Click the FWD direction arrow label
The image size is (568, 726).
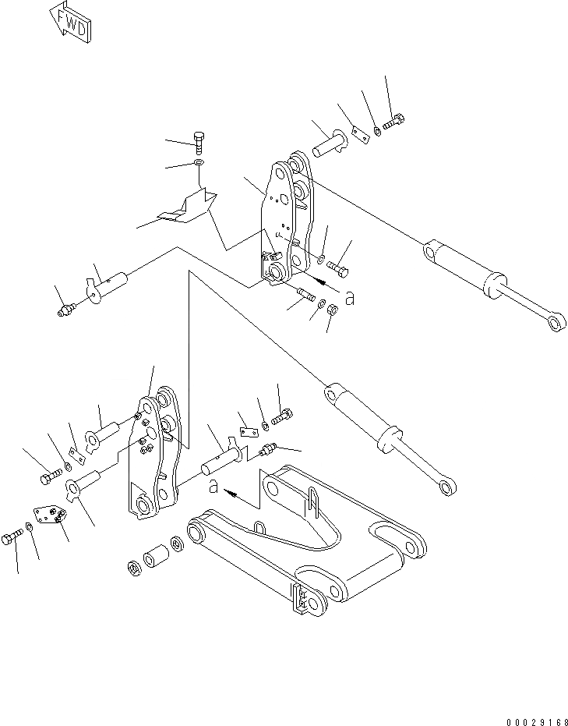71,23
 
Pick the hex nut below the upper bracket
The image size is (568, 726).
330,310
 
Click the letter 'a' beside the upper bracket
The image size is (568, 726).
350,297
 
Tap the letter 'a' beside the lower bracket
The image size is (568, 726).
213,487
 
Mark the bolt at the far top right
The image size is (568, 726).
395,122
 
